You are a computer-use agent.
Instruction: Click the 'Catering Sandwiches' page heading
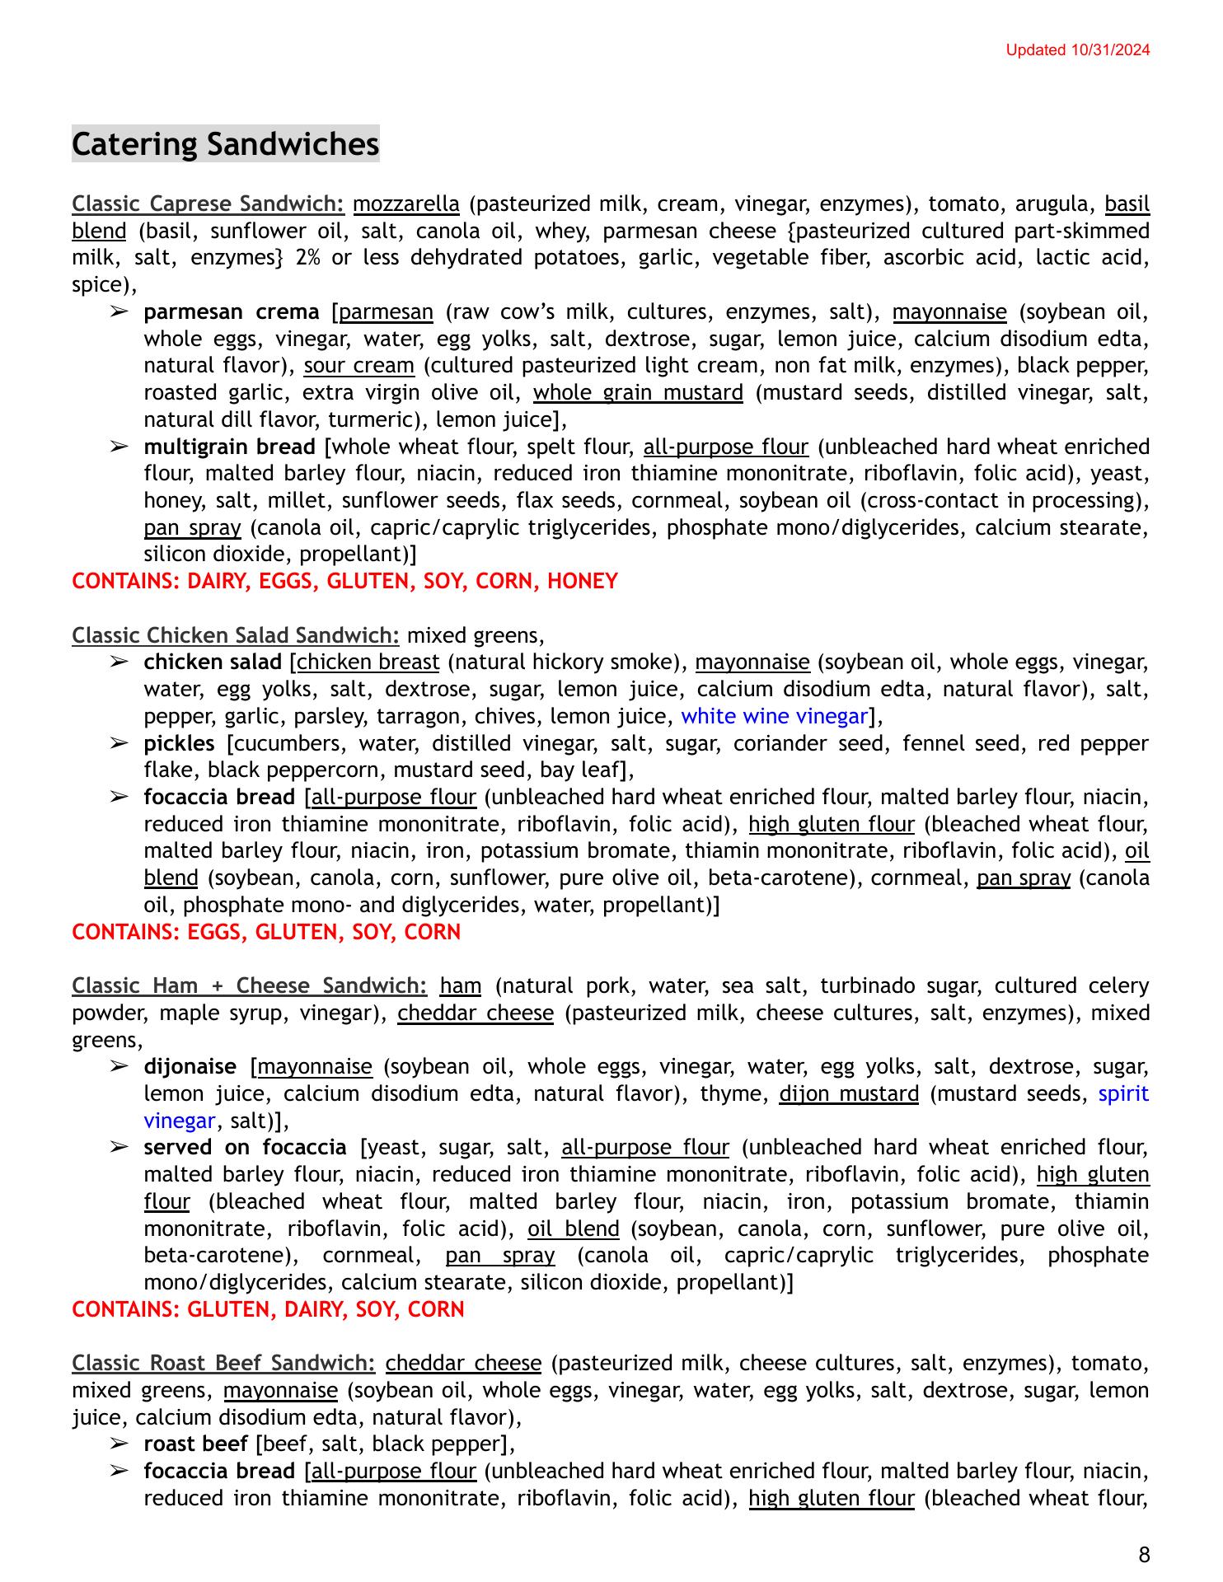click(x=225, y=144)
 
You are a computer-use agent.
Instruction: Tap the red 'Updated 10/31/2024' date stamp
click(x=1077, y=50)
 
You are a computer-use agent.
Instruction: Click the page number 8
click(x=1143, y=1555)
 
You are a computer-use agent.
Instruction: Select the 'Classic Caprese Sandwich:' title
click(x=208, y=204)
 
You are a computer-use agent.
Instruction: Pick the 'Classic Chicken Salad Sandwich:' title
click(x=236, y=635)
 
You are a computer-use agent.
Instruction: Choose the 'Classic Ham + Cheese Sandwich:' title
click(x=249, y=985)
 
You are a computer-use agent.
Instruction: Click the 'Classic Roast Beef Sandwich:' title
click(x=223, y=1363)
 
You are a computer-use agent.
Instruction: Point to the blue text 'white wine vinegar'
click(x=774, y=716)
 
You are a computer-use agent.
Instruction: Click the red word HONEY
click(x=582, y=581)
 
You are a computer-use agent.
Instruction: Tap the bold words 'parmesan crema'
click(x=231, y=311)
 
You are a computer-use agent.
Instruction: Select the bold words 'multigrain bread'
click(x=229, y=447)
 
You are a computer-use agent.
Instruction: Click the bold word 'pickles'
click(x=179, y=743)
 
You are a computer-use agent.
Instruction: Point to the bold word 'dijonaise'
click(x=190, y=1067)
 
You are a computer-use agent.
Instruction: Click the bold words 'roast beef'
click(x=195, y=1444)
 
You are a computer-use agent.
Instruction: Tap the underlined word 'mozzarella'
click(x=406, y=204)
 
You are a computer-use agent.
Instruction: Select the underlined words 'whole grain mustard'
click(x=638, y=392)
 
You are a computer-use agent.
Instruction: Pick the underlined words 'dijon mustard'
click(x=849, y=1093)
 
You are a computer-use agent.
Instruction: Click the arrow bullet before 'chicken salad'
click(x=119, y=662)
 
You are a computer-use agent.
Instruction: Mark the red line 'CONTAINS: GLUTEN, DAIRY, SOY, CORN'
click(x=268, y=1309)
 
